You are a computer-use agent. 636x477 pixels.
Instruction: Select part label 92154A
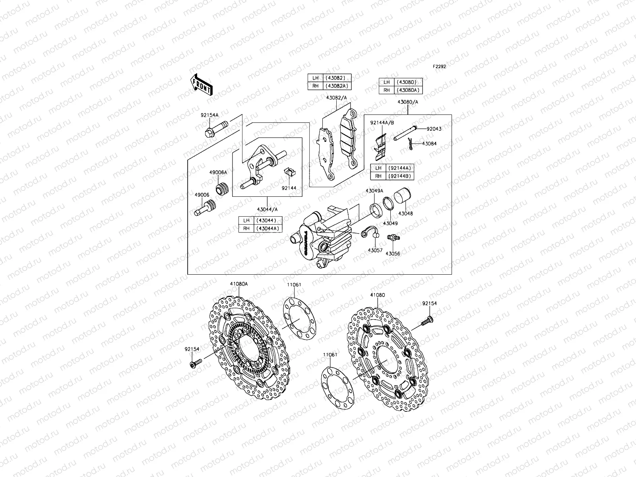(x=209, y=115)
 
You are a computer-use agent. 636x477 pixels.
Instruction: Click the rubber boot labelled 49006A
(x=221, y=188)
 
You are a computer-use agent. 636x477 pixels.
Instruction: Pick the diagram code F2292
(x=439, y=67)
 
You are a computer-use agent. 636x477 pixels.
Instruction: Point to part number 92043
(x=434, y=129)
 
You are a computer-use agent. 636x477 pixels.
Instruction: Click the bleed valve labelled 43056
(x=394, y=239)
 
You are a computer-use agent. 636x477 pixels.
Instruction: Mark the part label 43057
(x=374, y=250)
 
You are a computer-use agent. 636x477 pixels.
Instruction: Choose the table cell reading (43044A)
(x=268, y=228)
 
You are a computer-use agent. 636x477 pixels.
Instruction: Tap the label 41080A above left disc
(x=238, y=284)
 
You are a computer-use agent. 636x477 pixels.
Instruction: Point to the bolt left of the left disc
(x=195, y=363)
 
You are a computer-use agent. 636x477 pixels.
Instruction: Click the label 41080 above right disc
(x=377, y=295)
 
